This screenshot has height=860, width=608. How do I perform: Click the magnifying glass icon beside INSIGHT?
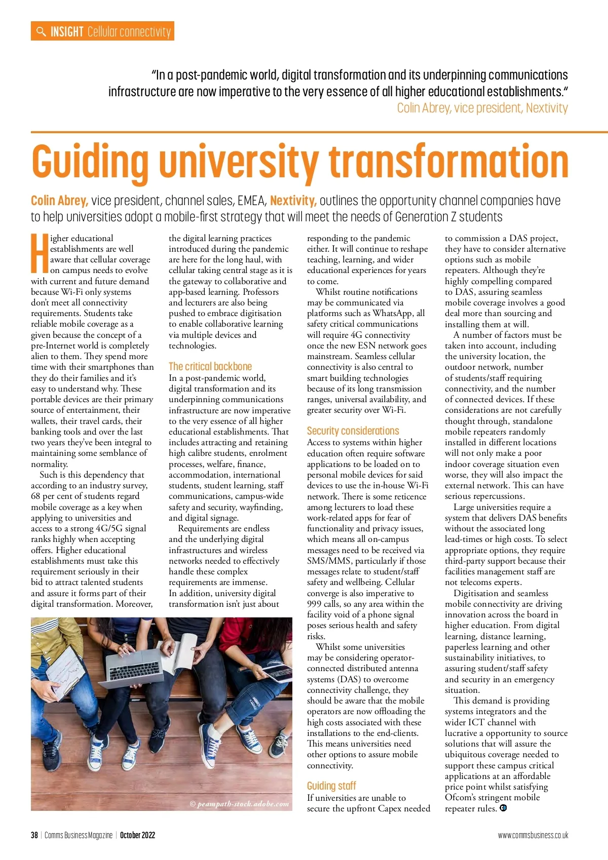(x=41, y=31)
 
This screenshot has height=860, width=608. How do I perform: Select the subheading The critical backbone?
(x=210, y=366)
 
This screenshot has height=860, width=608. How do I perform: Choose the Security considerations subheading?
(x=353, y=431)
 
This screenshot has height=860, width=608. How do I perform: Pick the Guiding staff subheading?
(x=331, y=786)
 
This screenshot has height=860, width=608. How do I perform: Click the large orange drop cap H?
(x=40, y=252)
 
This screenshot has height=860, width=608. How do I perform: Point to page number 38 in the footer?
(x=34, y=835)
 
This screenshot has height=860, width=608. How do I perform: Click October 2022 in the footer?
(x=137, y=835)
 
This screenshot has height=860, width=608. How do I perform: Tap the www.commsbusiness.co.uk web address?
(x=533, y=835)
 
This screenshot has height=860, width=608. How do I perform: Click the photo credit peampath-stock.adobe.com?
(x=239, y=804)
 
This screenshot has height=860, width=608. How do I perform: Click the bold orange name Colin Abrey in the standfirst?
(x=59, y=201)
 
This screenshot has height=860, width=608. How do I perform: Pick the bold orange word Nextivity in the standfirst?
(x=293, y=201)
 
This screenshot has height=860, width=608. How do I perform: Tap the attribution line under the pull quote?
(x=482, y=108)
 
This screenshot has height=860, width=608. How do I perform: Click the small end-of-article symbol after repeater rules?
(x=503, y=808)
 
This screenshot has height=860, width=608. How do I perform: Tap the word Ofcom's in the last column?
(x=460, y=797)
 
